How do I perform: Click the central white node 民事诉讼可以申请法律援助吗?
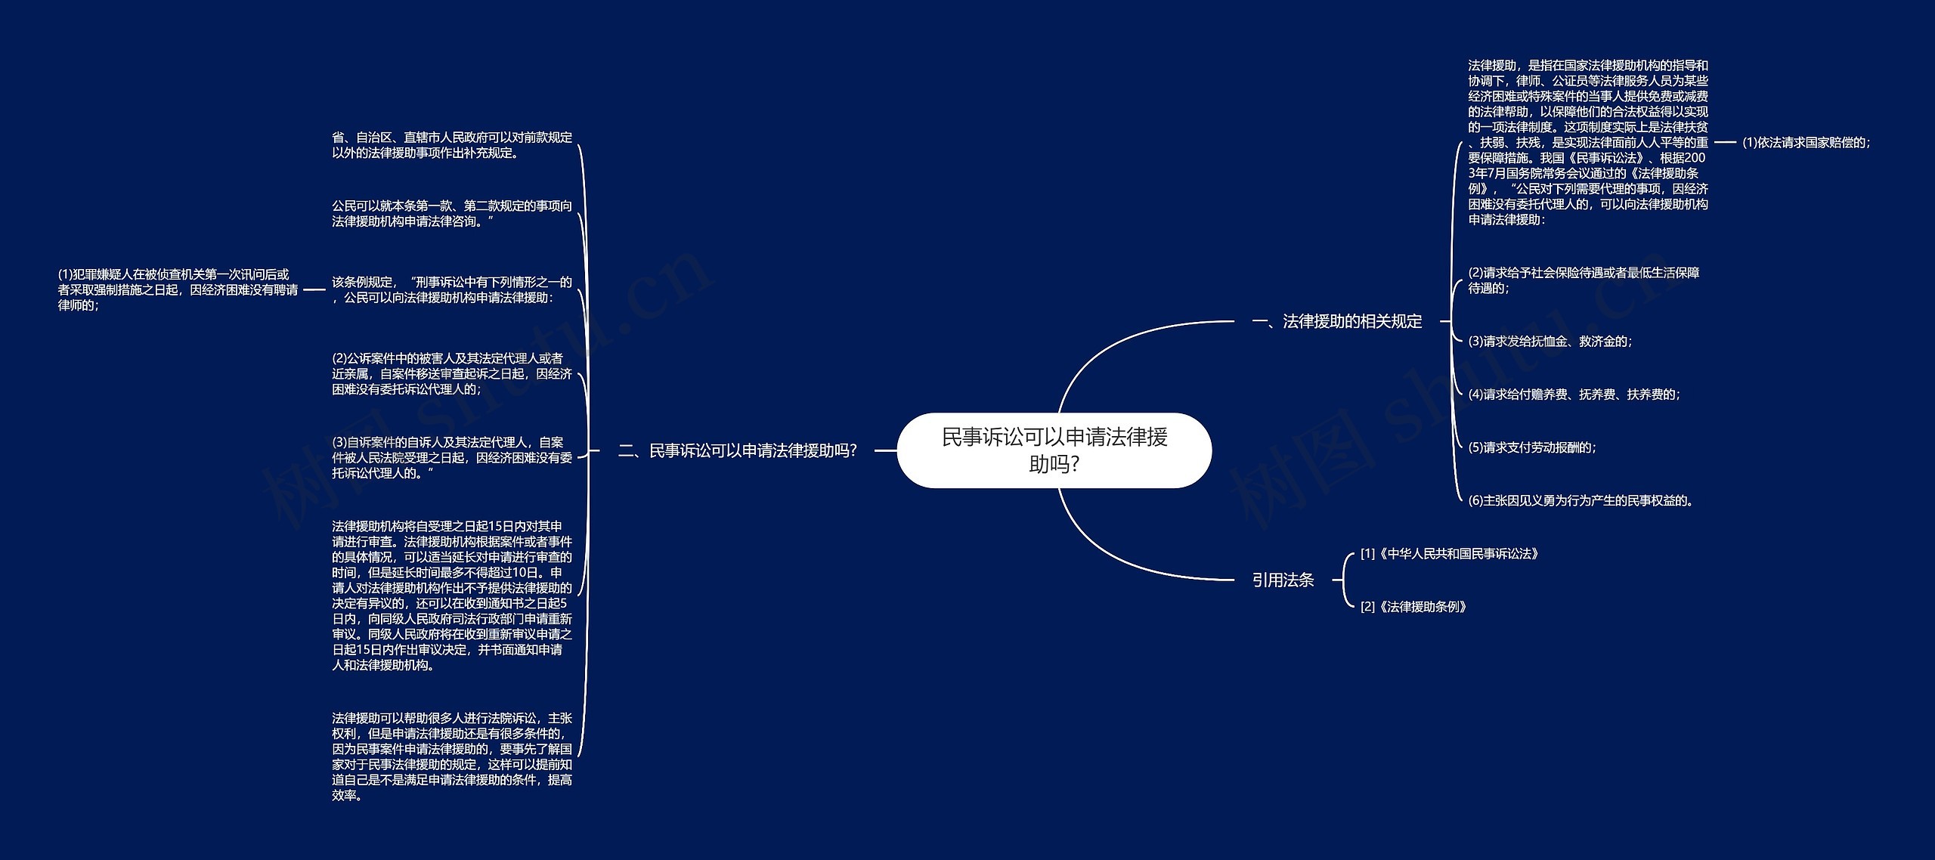[x=1054, y=450]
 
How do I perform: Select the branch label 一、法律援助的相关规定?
[x=1336, y=322]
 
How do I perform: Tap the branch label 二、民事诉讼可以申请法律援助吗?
[x=737, y=451]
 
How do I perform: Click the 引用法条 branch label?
[x=1283, y=580]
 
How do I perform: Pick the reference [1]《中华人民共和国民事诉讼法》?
[x=1449, y=554]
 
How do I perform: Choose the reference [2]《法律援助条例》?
[x=1413, y=607]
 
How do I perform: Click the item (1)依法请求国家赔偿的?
[x=1806, y=142]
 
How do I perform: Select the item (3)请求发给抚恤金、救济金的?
[x=1550, y=342]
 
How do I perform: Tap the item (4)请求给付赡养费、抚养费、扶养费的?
[x=1574, y=394]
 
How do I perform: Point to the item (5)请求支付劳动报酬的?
[x=1532, y=447]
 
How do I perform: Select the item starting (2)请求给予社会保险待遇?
[x=1584, y=280]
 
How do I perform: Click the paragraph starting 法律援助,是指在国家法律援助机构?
[x=1587, y=143]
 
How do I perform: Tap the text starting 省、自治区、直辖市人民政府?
[x=452, y=145]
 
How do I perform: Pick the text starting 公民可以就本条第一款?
[x=452, y=214]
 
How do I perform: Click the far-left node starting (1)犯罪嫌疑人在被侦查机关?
[x=178, y=290]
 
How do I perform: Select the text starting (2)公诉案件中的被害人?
[x=452, y=374]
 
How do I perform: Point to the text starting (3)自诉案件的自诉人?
[x=452, y=458]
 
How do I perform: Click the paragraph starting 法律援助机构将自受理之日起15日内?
[x=452, y=596]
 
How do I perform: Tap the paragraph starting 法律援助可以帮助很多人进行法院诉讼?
[x=452, y=756]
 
